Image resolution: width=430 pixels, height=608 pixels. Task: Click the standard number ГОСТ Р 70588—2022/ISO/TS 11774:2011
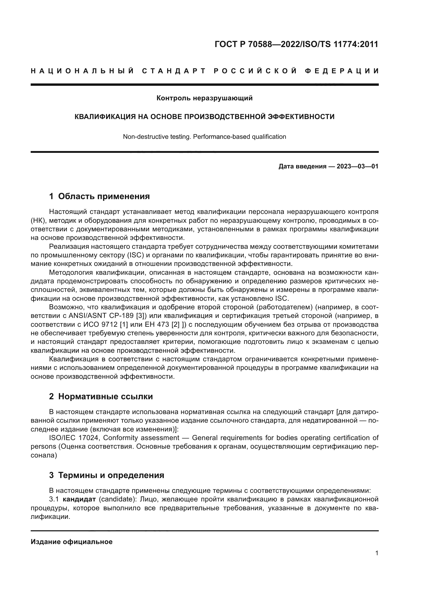[296, 44]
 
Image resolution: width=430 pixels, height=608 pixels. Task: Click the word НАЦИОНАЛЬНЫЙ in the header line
[83, 71]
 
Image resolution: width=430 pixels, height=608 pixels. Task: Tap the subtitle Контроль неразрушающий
[204, 98]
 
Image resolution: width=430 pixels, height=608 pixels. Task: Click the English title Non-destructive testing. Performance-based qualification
[204, 137]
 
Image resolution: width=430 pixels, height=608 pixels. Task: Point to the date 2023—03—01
[357, 166]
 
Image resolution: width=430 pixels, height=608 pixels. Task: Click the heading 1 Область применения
[99, 196]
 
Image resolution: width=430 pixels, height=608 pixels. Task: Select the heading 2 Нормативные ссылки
[101, 396]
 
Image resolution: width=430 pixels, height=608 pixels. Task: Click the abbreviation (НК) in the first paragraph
[38, 221]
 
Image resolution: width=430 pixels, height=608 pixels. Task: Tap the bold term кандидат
[79, 499]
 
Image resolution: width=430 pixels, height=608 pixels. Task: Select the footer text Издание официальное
[71, 542]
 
